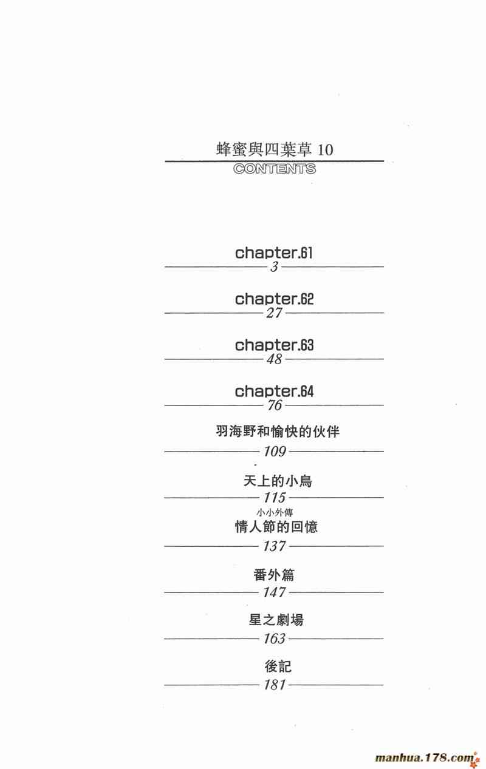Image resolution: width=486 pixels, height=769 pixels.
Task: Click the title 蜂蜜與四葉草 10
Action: (x=275, y=149)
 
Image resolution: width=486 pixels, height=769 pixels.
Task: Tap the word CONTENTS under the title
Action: (x=275, y=169)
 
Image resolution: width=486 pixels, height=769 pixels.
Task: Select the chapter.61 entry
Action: (x=275, y=252)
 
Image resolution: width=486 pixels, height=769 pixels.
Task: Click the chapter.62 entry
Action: (x=275, y=299)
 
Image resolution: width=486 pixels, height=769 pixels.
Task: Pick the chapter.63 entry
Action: (x=275, y=345)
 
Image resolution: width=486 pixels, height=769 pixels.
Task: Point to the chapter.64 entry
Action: (x=275, y=391)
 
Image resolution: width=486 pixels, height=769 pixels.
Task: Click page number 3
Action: (x=275, y=267)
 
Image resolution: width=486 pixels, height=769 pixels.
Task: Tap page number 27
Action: (x=275, y=313)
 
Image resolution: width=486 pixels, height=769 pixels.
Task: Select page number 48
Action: (x=275, y=359)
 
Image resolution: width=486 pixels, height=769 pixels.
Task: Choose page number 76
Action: (x=275, y=405)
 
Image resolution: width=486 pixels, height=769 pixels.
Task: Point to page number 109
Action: (x=275, y=452)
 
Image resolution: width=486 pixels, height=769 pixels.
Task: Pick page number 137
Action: (x=275, y=546)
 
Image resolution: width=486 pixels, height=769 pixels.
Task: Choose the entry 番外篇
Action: (x=274, y=574)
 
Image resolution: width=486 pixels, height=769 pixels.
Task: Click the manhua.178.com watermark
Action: (x=425, y=757)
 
